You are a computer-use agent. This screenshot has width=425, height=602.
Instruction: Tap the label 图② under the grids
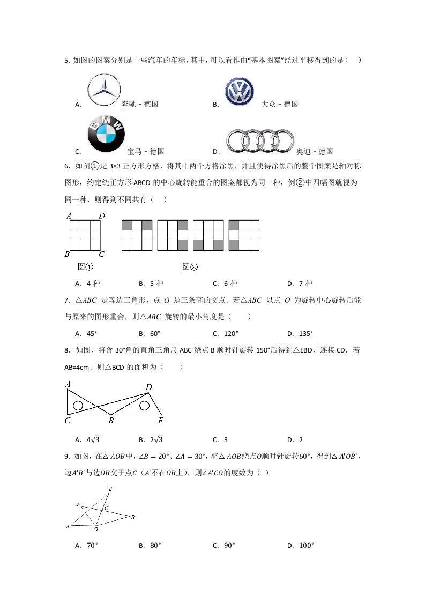pyautogui.click(x=190, y=267)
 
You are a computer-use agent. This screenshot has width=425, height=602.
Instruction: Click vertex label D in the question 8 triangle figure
pyautogui.click(x=148, y=387)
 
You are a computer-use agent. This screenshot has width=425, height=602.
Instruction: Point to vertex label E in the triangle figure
pyautogui.click(x=160, y=421)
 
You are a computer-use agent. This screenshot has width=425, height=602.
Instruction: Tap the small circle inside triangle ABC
pyautogui.click(x=78, y=406)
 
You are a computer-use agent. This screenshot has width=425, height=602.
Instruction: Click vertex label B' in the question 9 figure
pyautogui.click(x=133, y=517)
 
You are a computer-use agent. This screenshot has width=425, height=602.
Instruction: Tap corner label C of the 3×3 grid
pyautogui.click(x=101, y=254)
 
